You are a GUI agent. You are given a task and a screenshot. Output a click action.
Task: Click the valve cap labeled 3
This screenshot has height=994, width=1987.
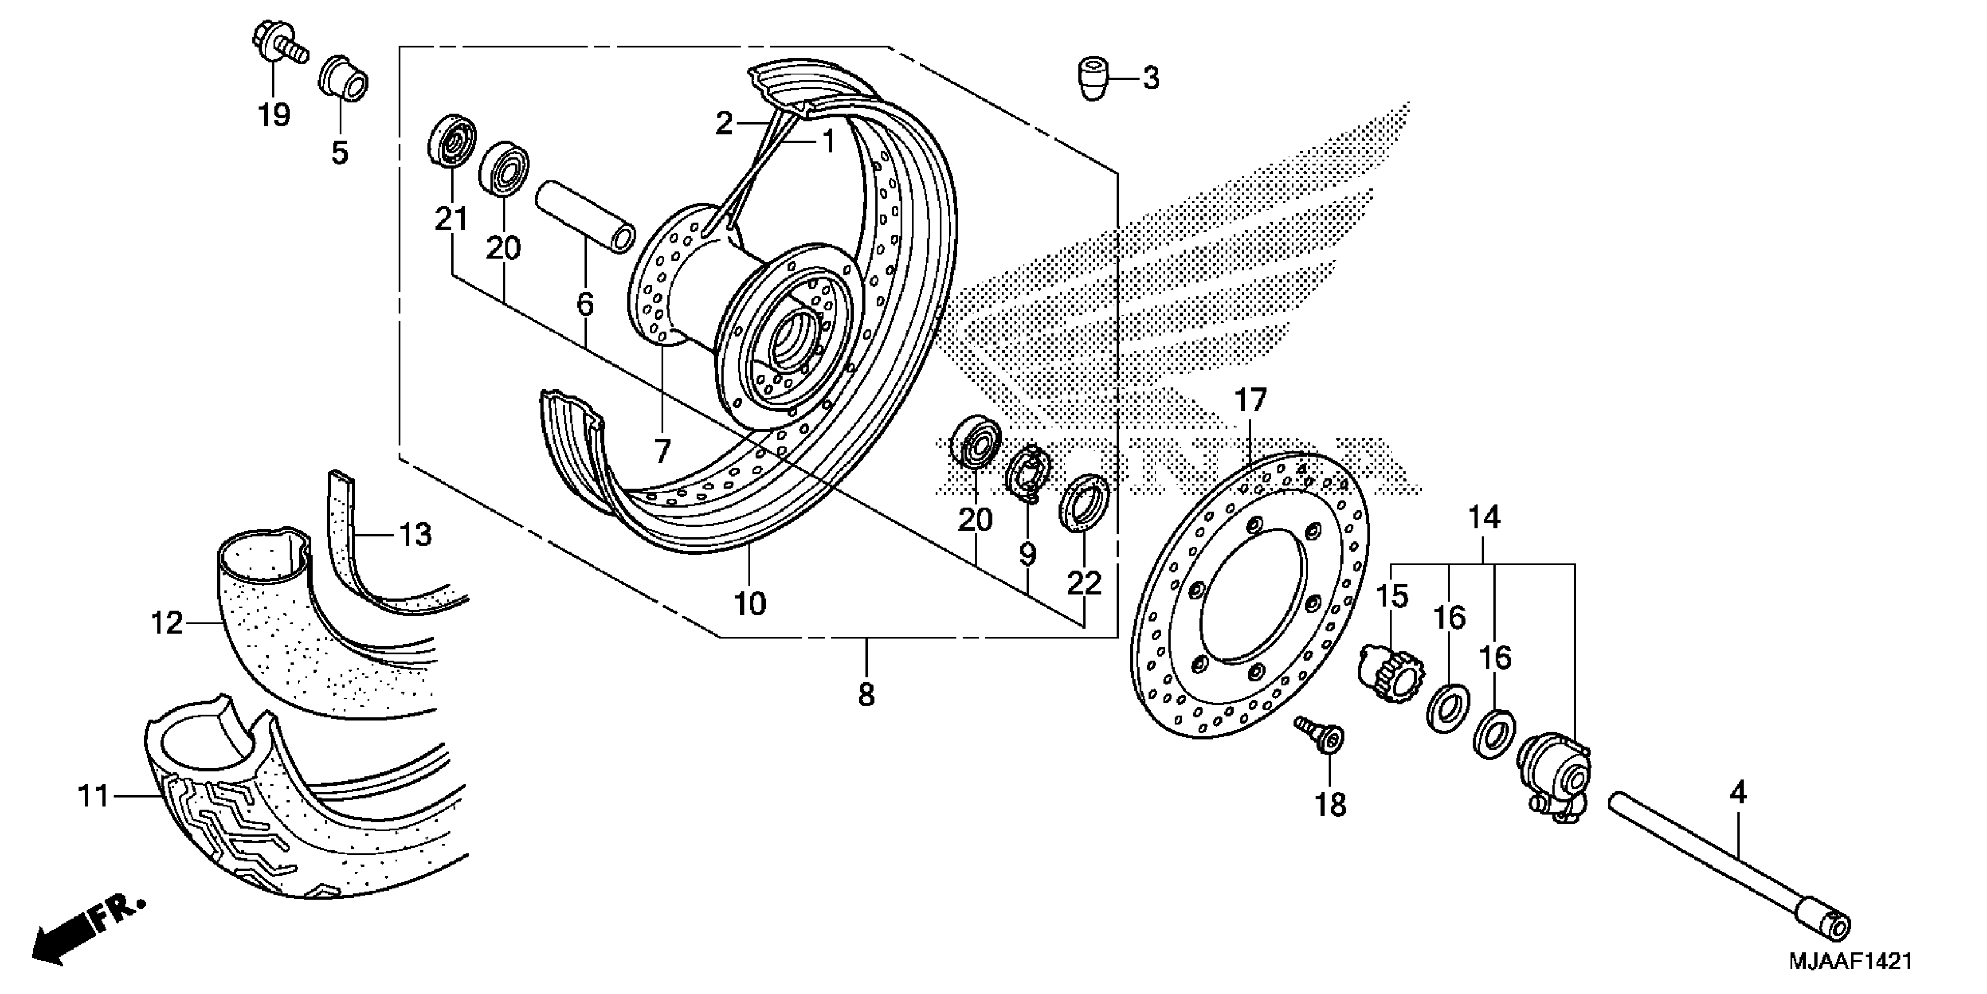coord(1093,78)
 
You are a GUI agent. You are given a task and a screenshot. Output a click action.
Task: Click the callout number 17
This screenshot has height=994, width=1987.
coord(1251,401)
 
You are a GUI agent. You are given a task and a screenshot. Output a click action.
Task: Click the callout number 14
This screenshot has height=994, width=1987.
coord(1483,517)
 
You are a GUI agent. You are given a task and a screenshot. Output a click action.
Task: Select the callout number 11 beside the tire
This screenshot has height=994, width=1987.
coord(94,796)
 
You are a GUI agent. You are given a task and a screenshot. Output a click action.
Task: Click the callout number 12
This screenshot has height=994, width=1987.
coord(167,623)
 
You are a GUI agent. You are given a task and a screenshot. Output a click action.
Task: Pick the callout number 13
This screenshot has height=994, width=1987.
coord(416,534)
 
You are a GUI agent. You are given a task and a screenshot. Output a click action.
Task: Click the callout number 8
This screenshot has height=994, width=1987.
coord(866,695)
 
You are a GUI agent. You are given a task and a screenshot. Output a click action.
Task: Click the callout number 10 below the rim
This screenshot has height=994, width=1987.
coord(749,603)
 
